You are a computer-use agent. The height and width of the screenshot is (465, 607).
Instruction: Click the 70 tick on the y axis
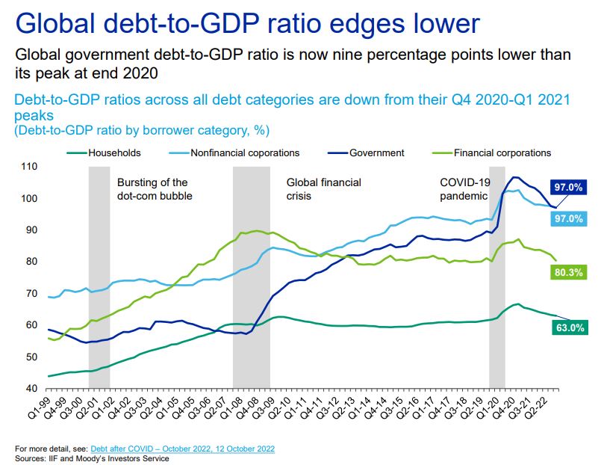[29, 293]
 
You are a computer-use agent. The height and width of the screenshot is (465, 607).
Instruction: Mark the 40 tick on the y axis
[29, 388]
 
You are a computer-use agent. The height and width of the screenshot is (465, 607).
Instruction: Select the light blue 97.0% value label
[568, 218]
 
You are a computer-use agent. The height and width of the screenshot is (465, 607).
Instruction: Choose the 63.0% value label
[569, 327]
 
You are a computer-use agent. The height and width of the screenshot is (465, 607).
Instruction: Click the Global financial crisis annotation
[324, 189]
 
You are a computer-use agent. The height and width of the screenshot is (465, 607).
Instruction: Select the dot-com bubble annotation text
[155, 189]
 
